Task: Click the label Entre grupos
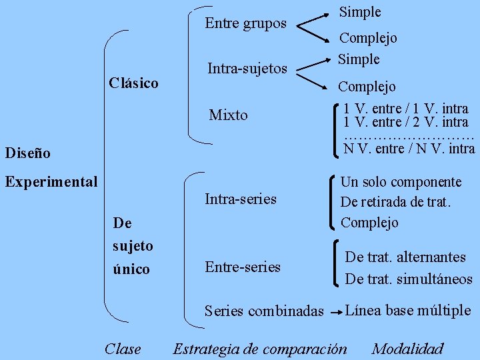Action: coord(245,23)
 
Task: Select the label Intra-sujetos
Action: coord(247,68)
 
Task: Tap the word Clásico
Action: coord(133,83)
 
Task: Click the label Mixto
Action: coord(228,115)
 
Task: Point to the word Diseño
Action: coord(27,153)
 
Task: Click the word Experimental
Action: coord(51,181)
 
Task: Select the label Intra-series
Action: coord(241,199)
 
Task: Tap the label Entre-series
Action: coord(243,267)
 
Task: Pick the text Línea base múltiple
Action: coord(409,310)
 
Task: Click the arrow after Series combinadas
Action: coord(336,311)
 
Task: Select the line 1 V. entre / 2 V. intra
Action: coord(406,122)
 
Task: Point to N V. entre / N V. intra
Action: coord(409,148)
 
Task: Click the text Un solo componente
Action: coord(401,182)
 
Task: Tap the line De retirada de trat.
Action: coord(396,202)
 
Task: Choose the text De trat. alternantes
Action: coord(405,257)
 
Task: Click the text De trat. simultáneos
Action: coord(409,279)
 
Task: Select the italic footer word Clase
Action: coord(123,349)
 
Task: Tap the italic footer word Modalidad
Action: coord(407,349)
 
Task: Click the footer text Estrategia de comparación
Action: coord(260,349)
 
